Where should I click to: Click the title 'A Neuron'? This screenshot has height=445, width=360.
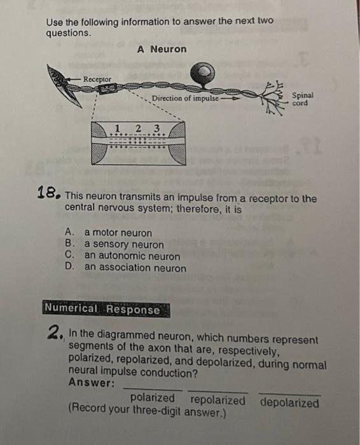point(162,49)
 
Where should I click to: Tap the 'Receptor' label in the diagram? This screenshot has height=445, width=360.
point(97,79)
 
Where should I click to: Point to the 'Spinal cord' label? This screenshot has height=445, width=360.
point(303,99)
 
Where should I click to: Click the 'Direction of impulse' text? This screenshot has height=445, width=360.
point(185,99)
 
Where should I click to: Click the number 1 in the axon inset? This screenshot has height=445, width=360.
point(117,128)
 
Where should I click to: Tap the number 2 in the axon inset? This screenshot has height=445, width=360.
point(138,128)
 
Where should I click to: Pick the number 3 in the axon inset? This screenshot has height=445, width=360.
point(156,128)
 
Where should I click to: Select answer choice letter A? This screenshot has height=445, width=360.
point(69,232)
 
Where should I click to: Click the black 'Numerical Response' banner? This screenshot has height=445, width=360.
point(106,309)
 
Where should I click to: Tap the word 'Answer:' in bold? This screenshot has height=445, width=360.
point(92,383)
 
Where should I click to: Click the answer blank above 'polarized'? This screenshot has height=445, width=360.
point(153,389)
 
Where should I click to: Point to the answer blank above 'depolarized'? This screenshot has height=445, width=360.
point(289,394)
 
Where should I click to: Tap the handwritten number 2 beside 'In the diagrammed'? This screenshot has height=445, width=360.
point(55,332)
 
